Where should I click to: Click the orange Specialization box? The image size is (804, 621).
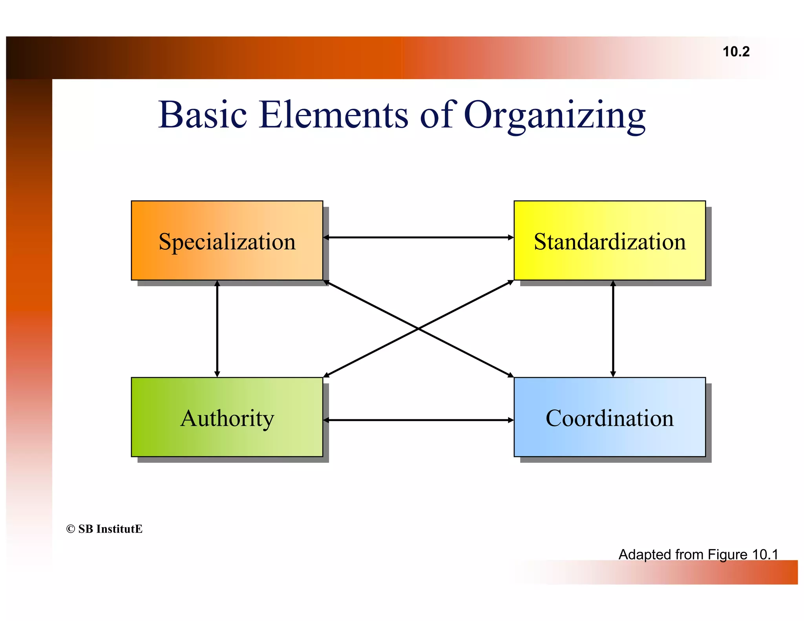(227, 241)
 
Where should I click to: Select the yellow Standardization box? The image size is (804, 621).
(609, 241)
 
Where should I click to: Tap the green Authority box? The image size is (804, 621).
(227, 417)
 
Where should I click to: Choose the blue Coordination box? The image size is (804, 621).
(609, 417)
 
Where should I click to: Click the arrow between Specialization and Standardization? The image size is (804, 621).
(418, 237)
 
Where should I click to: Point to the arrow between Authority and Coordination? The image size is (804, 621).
(418, 420)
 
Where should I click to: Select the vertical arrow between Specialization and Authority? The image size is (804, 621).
(217, 329)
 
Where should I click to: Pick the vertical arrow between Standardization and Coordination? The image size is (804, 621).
(613, 329)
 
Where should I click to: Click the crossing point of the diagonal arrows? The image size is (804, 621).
(418, 329)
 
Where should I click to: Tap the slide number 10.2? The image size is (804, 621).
(736, 52)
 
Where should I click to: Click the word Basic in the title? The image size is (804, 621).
(203, 115)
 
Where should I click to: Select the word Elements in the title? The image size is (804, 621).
(334, 115)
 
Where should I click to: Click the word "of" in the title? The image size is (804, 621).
(437, 115)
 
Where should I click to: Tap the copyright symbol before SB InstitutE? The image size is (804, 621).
(71, 529)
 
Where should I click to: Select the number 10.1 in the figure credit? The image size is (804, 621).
(765, 554)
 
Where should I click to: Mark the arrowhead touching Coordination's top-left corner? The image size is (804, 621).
(511, 375)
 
